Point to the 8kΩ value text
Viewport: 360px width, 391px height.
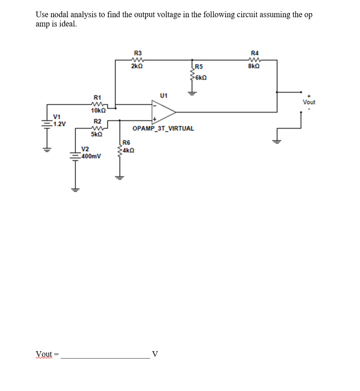pos(254,66)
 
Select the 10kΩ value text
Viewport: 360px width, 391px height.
pos(98,111)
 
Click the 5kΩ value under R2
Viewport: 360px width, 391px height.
pos(96,134)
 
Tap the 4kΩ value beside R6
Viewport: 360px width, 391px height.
pos(129,150)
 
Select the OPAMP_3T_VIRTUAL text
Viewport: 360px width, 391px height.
pos(163,129)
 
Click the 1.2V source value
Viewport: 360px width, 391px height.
pos(60,124)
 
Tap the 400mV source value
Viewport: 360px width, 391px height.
pos(91,156)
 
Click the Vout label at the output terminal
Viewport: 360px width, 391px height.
pos(309,102)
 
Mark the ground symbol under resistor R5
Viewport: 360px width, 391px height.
pos(193,93)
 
